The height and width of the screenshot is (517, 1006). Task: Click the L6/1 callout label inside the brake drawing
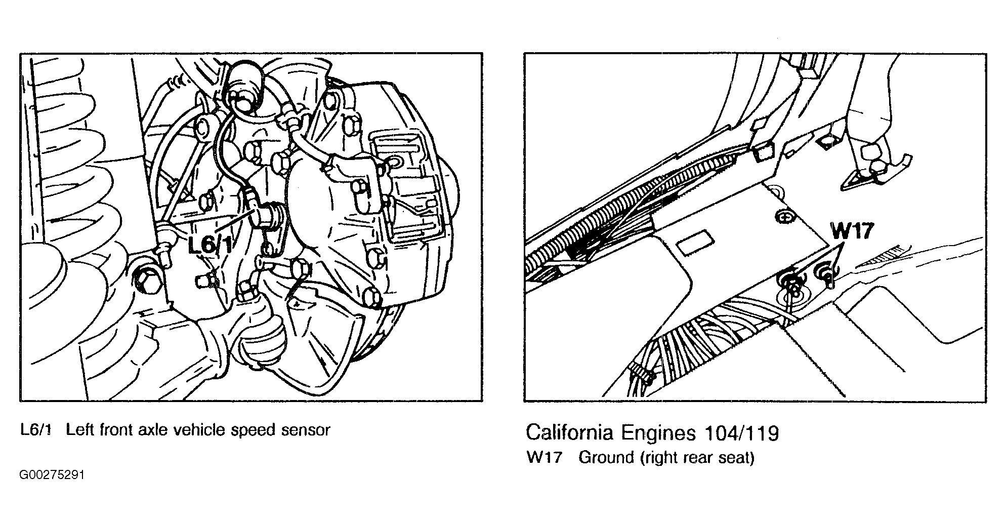tap(211, 245)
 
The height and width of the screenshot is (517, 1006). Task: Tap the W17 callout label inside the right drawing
tap(852, 231)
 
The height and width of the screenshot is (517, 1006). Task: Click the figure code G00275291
tap(52, 475)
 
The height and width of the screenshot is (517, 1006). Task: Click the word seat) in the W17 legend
tap(737, 458)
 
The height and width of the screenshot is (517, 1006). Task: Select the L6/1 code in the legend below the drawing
tap(36, 430)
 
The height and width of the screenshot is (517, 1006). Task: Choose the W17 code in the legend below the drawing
tap(544, 458)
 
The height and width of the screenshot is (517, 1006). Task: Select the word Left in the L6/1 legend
tap(81, 430)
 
